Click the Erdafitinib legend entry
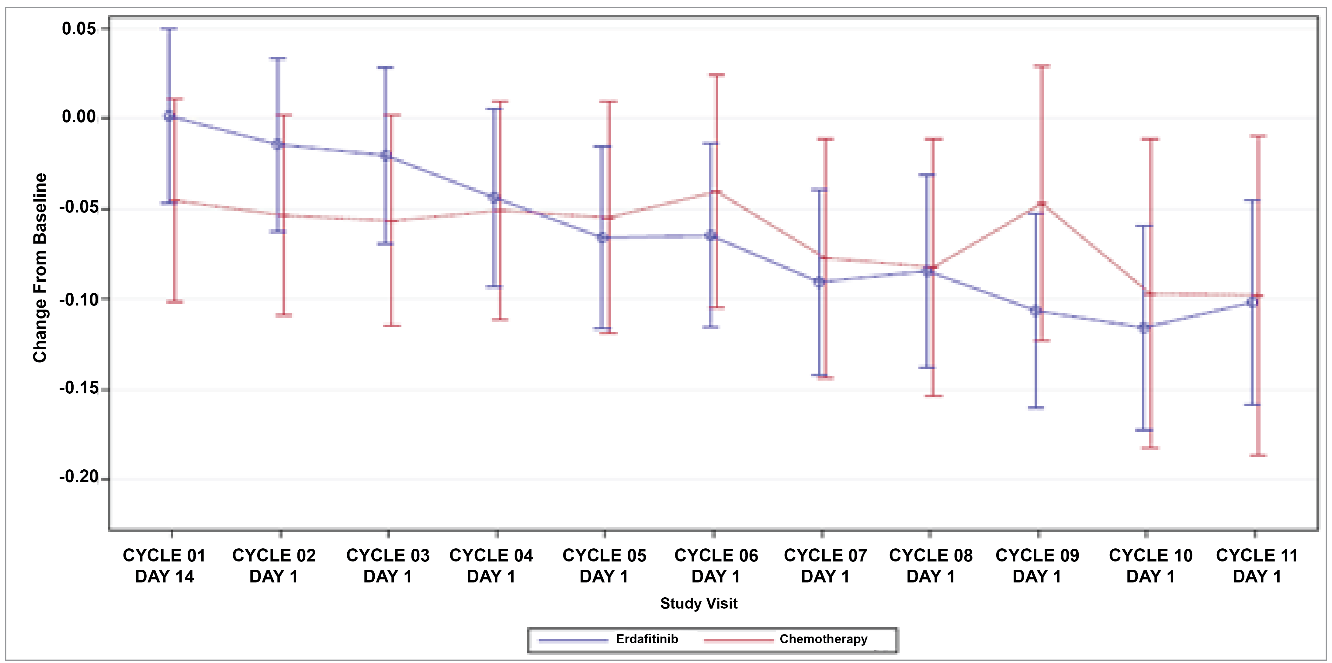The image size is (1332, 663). (646, 639)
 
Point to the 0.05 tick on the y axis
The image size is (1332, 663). (79, 28)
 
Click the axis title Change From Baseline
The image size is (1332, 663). (40, 268)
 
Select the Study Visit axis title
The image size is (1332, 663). (699, 603)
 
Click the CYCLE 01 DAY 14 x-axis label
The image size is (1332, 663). (165, 566)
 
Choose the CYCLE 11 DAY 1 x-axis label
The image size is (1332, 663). (1257, 566)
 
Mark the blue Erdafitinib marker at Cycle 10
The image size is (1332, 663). (1144, 328)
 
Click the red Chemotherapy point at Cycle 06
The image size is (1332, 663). (716, 192)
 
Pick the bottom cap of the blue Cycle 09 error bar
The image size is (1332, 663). (1036, 408)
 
